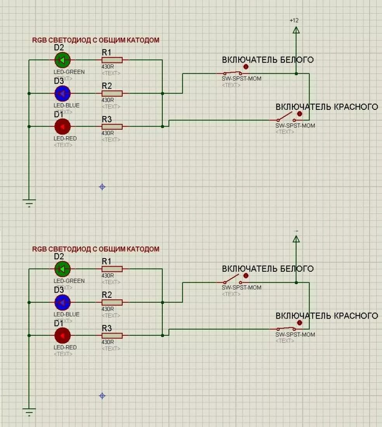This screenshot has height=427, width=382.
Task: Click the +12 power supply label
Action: tap(294, 20)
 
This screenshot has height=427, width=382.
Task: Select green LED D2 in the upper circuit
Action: tap(63, 60)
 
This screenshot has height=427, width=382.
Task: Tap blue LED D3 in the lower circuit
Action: tap(63, 302)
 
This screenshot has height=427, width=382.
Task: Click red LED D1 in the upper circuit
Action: tap(63, 127)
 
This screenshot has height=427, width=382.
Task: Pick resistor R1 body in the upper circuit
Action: tap(112, 60)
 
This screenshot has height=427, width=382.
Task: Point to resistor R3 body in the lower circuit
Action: tap(112, 335)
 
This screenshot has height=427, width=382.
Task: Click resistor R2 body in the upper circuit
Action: tap(112, 93)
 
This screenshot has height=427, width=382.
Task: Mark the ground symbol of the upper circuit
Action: tap(29, 203)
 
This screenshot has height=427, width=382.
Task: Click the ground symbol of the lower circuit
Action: tap(29, 411)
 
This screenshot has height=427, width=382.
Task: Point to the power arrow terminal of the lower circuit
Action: tap(296, 239)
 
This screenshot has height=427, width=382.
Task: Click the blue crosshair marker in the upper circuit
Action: tap(102, 187)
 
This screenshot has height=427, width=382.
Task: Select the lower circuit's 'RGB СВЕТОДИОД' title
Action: tap(95, 249)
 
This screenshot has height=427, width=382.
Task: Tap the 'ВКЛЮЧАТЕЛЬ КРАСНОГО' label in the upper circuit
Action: tap(326, 107)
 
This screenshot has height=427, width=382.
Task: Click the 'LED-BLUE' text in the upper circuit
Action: tap(66, 105)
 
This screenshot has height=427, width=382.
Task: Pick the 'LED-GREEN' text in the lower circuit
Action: tap(69, 281)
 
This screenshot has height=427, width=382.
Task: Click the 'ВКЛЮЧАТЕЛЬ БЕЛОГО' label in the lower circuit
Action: tap(267, 269)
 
